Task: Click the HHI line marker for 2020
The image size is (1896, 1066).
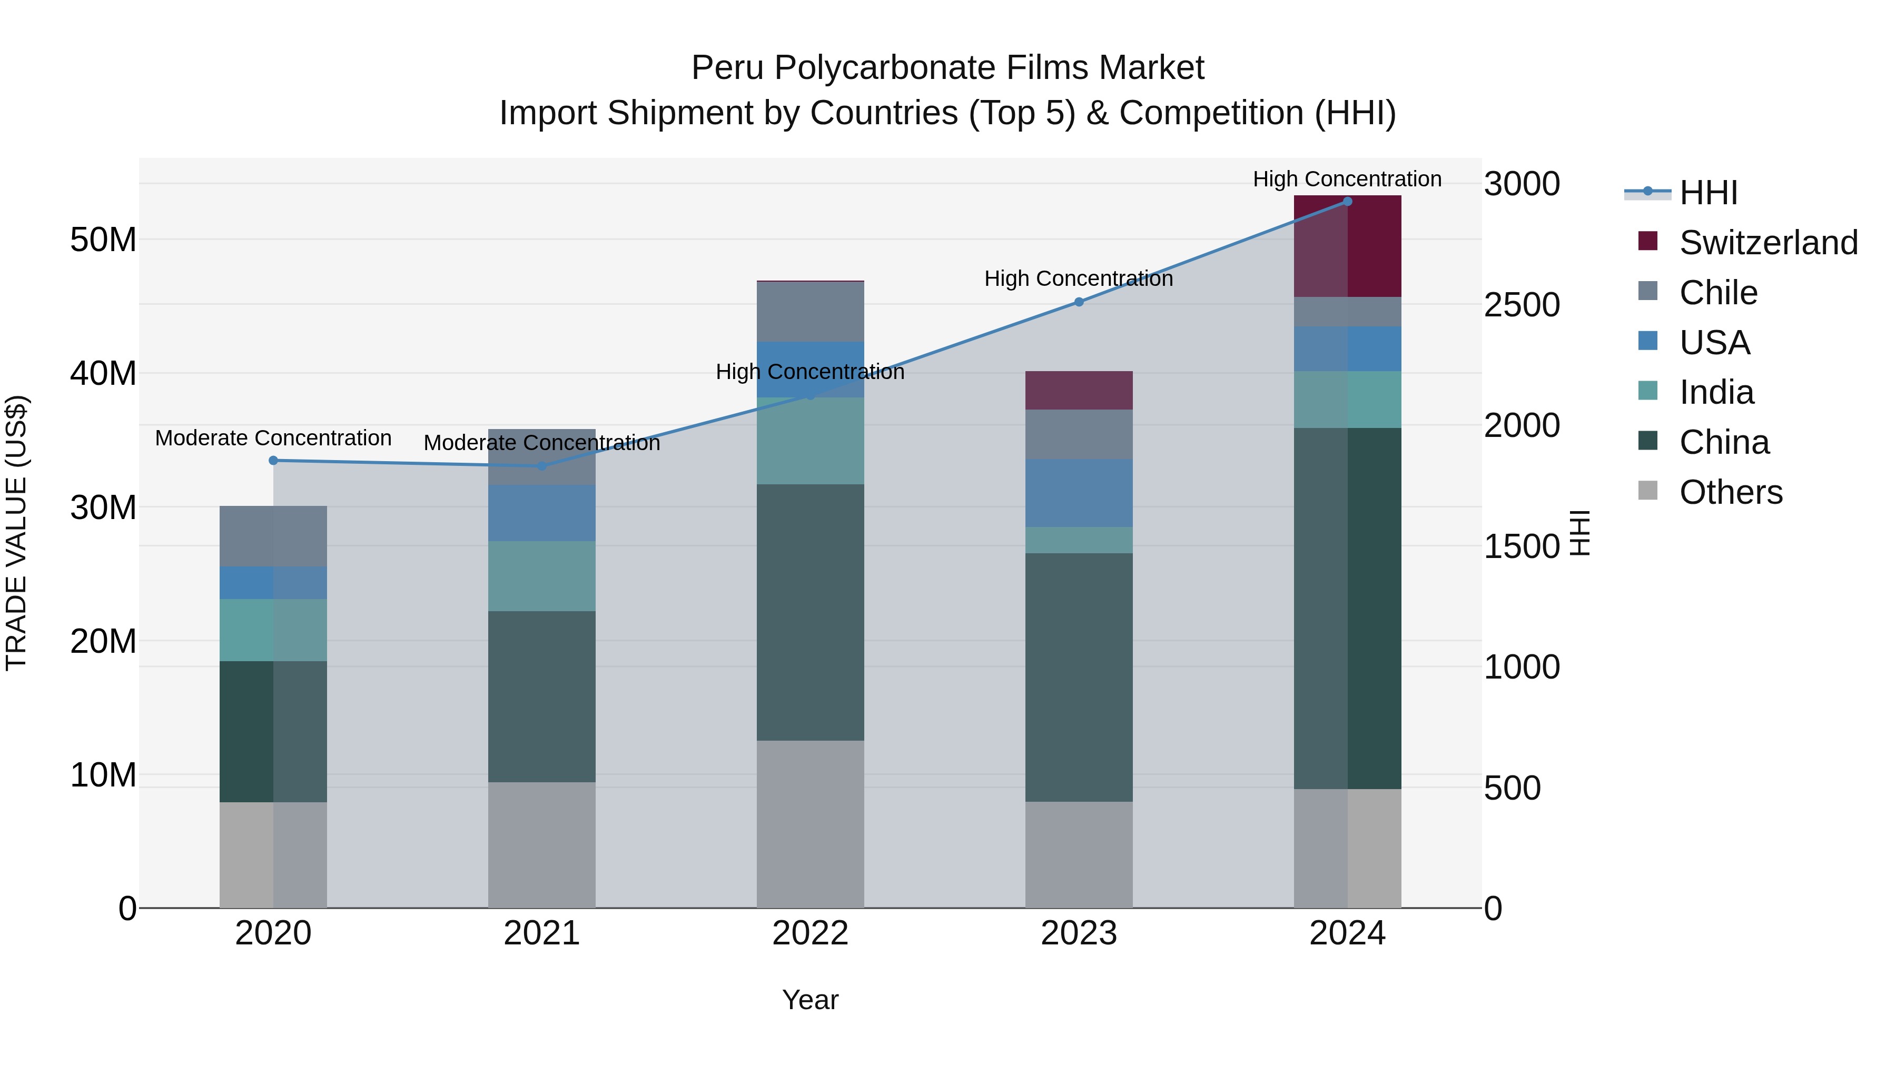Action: [273, 461]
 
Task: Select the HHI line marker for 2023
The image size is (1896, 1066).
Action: [1079, 302]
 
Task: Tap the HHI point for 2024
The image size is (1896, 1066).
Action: [1348, 202]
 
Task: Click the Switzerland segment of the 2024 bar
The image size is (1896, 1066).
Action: [1348, 246]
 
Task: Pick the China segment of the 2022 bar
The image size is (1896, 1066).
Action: [811, 612]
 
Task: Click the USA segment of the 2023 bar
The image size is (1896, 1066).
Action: [1079, 493]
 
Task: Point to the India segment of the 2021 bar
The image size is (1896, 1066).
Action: [542, 576]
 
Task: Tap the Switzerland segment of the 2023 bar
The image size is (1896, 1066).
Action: [1079, 391]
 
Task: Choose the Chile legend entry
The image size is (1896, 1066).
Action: [1718, 293]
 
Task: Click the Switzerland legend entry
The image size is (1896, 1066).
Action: [1768, 243]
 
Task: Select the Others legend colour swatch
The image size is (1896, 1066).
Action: [1648, 491]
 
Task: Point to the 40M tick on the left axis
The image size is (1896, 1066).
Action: [103, 374]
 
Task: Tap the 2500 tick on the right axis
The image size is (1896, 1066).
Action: [1522, 305]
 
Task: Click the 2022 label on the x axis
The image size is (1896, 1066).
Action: [811, 933]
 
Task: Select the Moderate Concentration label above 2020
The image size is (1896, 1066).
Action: [273, 438]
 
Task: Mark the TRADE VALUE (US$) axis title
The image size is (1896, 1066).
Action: [16, 533]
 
